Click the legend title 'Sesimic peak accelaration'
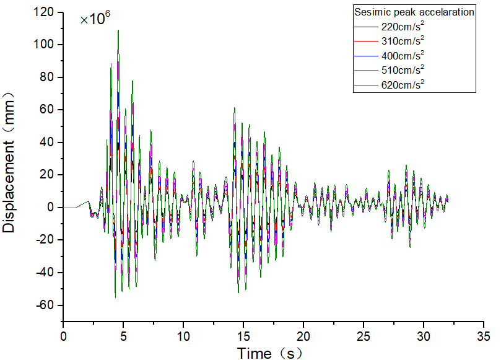[x=414, y=12]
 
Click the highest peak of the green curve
[x=118, y=30]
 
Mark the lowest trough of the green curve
[x=115, y=297]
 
